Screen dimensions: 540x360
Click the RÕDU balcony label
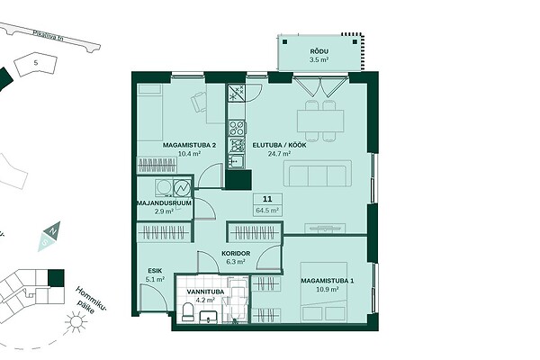[319, 51]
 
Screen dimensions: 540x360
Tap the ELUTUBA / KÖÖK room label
[279, 145]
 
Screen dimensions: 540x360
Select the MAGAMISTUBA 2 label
[189, 145]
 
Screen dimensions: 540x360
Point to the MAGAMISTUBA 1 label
[328, 281]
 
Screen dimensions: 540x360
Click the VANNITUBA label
[205, 292]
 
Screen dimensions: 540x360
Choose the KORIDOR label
[236, 253]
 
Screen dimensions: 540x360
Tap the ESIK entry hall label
[155, 271]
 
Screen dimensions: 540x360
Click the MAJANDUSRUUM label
[164, 202]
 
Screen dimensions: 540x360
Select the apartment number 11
[267, 199]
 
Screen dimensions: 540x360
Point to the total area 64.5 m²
[267, 210]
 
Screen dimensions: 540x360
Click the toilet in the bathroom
[188, 312]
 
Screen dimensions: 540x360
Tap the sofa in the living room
[318, 174]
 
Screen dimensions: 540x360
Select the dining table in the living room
[320, 121]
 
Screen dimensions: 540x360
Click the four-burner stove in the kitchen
[238, 128]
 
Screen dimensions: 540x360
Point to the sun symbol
[76, 322]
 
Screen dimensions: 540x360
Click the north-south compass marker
[49, 236]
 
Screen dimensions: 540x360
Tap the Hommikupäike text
[91, 301]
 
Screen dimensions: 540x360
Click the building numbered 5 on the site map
[35, 64]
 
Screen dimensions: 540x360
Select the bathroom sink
[209, 317]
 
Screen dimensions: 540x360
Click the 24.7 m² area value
[279, 154]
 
